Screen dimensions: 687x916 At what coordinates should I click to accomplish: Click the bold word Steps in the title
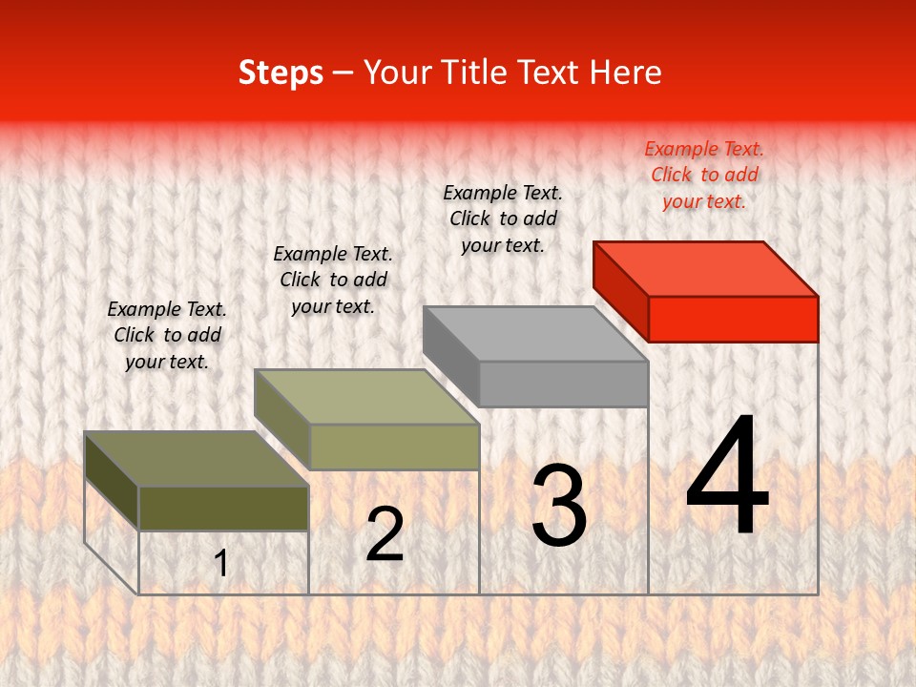tap(281, 73)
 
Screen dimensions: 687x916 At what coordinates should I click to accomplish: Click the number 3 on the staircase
tap(559, 506)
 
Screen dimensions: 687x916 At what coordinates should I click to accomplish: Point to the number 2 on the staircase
tap(385, 534)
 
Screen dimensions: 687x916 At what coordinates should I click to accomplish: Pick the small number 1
tap(221, 563)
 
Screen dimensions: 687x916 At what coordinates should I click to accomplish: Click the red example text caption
tap(704, 175)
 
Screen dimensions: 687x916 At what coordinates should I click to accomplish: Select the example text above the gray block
tap(503, 219)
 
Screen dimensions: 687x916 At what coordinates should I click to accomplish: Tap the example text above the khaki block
tap(333, 280)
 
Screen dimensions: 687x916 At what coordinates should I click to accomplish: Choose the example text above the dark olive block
tap(167, 335)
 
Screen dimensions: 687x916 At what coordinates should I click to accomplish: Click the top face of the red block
tap(706, 268)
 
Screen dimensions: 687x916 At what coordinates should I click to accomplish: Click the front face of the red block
tap(733, 319)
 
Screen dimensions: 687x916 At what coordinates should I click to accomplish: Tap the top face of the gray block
tap(536, 334)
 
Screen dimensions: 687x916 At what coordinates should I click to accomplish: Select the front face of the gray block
tap(563, 384)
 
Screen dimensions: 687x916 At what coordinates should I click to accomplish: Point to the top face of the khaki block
tap(366, 397)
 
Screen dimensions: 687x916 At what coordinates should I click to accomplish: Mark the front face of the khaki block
tap(394, 447)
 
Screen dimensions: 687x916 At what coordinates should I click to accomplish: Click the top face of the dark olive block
tap(197, 459)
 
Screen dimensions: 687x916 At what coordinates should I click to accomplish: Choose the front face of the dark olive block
tap(223, 508)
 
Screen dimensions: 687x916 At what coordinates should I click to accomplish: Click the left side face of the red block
tap(620, 290)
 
